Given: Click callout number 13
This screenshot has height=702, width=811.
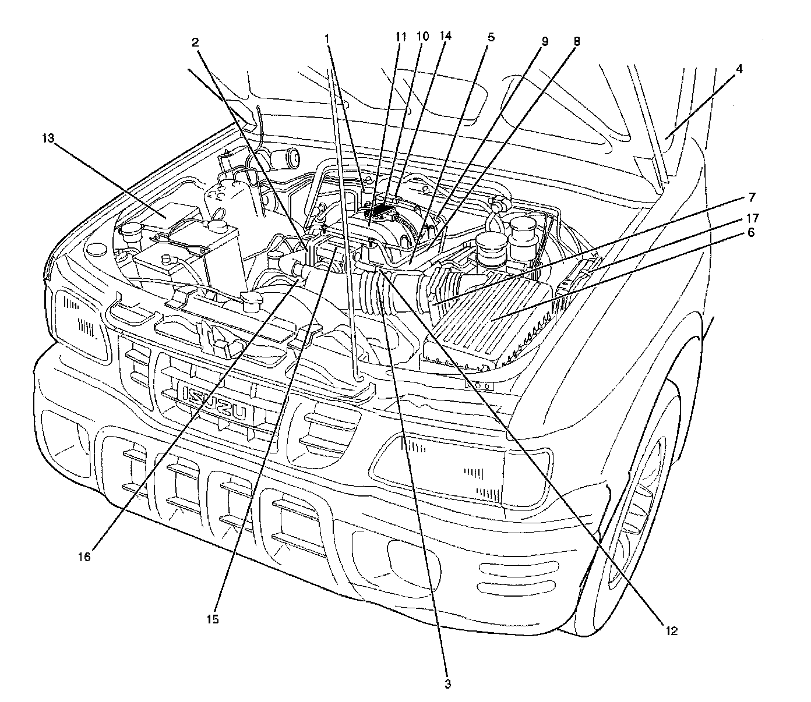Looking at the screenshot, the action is coord(49,139).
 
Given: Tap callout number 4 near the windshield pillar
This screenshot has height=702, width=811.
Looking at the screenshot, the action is coord(739,69).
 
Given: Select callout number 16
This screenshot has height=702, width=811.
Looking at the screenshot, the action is coord(84,556).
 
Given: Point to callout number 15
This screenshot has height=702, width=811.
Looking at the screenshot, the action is coord(213,619).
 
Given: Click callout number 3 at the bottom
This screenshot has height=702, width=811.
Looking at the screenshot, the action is coord(447,684).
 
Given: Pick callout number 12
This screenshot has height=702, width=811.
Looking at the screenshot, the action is coord(671,630).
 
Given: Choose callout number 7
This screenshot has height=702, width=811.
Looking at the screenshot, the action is coord(752,197).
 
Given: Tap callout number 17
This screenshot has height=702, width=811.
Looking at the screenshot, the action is coord(752,218).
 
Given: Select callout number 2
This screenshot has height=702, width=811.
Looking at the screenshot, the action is coord(195,42).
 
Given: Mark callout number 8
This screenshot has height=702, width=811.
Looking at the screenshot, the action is coord(576,41).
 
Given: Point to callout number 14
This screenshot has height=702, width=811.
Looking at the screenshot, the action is coord(445,36).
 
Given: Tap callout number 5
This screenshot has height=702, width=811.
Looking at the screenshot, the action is coord(491,37).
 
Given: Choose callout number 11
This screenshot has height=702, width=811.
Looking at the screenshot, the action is coord(401,37).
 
